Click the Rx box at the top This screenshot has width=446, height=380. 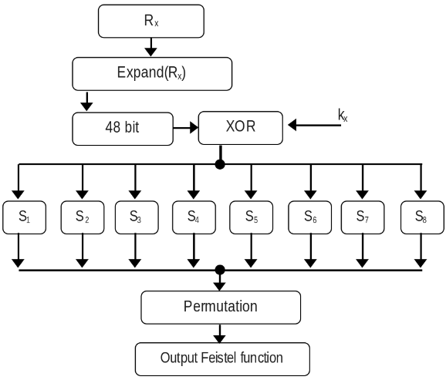[150, 21]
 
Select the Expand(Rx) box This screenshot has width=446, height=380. [151, 74]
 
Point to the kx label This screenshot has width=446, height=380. [343, 116]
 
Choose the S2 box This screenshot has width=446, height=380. [81, 217]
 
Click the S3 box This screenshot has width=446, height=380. [134, 217]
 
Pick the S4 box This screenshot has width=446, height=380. [193, 217]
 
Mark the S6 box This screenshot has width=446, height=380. [309, 217]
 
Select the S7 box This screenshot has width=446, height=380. [362, 217]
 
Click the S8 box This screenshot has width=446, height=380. [421, 217]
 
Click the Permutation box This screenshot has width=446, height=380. [220, 306]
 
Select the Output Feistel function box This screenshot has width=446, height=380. [222, 358]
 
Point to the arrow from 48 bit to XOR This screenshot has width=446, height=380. [185, 127]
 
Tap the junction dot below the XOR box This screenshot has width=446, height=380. [220, 164]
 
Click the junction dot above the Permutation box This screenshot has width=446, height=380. [220, 269]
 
